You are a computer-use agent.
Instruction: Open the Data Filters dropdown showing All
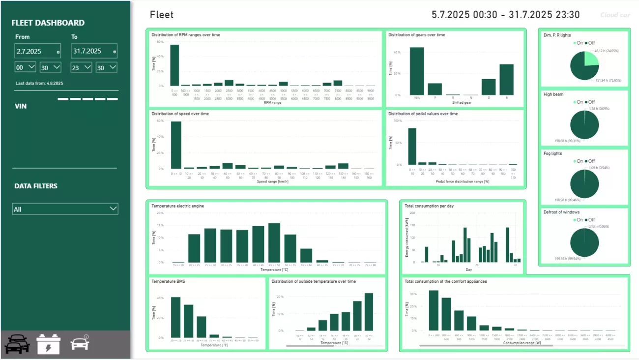(65, 209)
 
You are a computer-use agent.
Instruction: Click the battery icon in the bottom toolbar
(49, 344)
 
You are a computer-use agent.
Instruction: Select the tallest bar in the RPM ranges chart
(174, 65)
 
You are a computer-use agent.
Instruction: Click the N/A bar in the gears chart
(417, 71)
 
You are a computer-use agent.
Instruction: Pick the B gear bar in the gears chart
(506, 80)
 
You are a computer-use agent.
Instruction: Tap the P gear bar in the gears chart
(435, 89)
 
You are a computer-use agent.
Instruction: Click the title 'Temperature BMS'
(168, 281)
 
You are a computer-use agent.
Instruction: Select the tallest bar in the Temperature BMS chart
(175, 317)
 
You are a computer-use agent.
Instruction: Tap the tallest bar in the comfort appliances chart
(434, 310)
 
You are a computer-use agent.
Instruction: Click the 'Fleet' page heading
(162, 15)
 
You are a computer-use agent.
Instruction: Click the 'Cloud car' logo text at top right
(615, 15)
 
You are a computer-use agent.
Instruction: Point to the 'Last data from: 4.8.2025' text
(39, 83)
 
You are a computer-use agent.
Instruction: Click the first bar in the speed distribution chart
(175, 145)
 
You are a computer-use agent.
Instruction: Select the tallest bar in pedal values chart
(412, 147)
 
